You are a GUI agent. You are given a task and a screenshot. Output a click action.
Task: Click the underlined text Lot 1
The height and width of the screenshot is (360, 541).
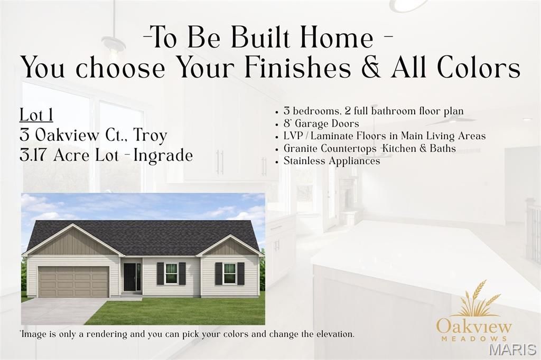(36, 115)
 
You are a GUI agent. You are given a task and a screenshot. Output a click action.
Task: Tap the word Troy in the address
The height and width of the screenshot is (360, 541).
(150, 135)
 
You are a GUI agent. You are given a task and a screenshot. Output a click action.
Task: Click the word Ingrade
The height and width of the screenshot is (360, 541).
(163, 156)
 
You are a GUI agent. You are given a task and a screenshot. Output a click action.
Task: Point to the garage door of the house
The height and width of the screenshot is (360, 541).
(73, 281)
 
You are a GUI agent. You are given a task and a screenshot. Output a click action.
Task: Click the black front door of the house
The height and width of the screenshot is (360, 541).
(129, 277)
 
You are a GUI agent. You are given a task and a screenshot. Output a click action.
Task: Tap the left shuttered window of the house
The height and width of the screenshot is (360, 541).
(171, 273)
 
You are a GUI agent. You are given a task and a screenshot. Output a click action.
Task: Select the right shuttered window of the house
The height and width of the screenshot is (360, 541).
(229, 273)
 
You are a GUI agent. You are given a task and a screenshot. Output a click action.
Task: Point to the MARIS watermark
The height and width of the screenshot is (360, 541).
(512, 349)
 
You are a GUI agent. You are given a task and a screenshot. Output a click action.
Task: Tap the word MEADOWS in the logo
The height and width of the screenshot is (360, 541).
(474, 338)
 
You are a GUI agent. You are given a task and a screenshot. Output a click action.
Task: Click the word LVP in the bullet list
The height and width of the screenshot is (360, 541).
(293, 136)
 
